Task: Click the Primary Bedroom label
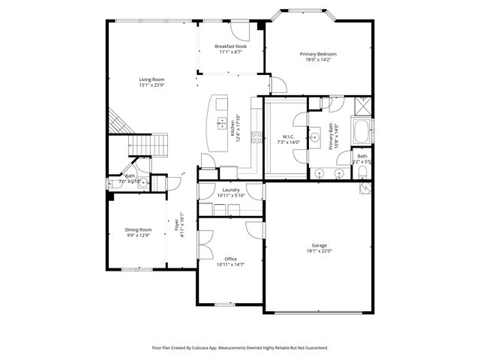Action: pyautogui.click(x=318, y=54)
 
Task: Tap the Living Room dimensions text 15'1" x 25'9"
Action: pyautogui.click(x=151, y=85)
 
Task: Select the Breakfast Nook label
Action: pyautogui.click(x=230, y=46)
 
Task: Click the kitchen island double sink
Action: pyautogui.click(x=222, y=123)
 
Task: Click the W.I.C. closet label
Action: pyautogui.click(x=288, y=136)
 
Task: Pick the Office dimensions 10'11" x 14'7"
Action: pyautogui.click(x=231, y=265)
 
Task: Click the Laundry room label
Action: pyautogui.click(x=231, y=190)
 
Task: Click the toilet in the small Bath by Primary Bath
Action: pyautogui.click(x=363, y=172)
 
